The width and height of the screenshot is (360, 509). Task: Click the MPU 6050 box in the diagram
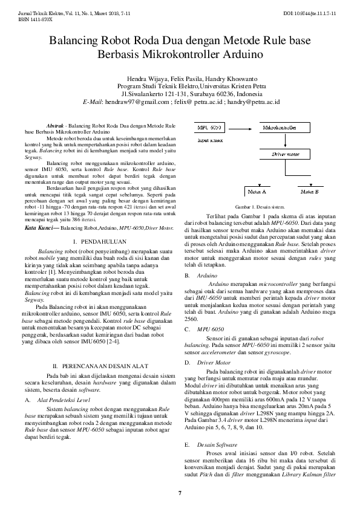[209, 128]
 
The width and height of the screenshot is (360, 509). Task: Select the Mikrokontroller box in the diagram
[279, 128]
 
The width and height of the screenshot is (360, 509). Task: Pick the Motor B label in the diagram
[309, 191]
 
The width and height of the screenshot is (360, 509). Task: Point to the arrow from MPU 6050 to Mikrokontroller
[241, 128]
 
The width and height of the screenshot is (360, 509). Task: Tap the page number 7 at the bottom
[180, 493]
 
